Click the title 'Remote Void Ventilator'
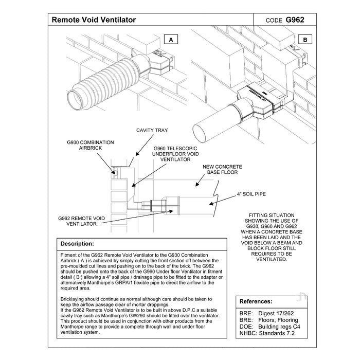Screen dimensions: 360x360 click(94, 20)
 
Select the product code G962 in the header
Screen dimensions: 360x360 click(295, 20)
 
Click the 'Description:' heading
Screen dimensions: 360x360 click(77, 243)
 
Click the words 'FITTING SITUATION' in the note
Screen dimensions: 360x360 click(272, 215)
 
